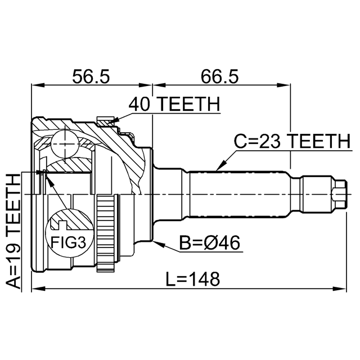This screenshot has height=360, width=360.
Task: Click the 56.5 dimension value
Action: click(91, 76)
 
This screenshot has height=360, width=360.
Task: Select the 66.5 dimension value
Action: click(220, 76)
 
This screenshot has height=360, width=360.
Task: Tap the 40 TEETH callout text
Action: click(174, 104)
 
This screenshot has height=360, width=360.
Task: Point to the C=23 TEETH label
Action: click(292, 141)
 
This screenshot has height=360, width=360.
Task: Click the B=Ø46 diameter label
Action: click(209, 242)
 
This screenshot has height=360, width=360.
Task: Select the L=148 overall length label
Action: click(193, 279)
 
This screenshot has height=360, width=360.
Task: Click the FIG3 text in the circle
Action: click(68, 242)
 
